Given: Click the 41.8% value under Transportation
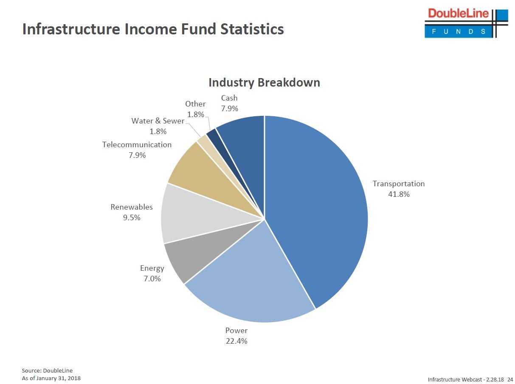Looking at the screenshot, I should pyautogui.click(x=399, y=195).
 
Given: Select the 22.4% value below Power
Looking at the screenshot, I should pyautogui.click(x=236, y=341).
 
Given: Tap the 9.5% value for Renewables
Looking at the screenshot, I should pyautogui.click(x=131, y=218).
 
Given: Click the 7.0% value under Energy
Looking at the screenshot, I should pyautogui.click(x=152, y=279).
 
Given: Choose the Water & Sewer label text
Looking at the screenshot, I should pyautogui.click(x=158, y=121).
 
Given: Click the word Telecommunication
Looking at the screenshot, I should pyautogui.click(x=137, y=145).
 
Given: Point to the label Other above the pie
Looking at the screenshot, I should pyautogui.click(x=195, y=104).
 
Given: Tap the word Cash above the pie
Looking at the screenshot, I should pyautogui.click(x=229, y=98).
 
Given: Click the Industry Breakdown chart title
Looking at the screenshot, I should pyautogui.click(x=264, y=82).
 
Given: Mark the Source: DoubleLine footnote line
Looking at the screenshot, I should pyautogui.click(x=47, y=370).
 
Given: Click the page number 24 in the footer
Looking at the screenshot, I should pyautogui.click(x=510, y=379).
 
